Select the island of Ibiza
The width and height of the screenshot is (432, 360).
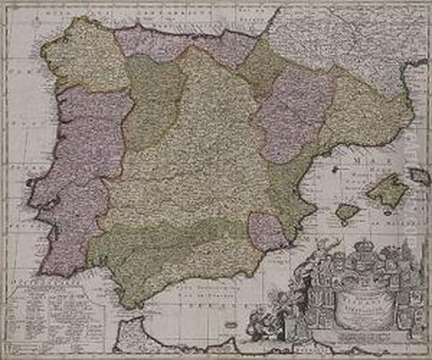348,212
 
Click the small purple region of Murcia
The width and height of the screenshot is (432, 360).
267,231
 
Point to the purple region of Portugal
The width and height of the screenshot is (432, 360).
79,180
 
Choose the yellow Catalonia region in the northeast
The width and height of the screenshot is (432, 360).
367,108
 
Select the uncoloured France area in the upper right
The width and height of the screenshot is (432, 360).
346,36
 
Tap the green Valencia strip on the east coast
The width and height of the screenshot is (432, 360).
288,187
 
